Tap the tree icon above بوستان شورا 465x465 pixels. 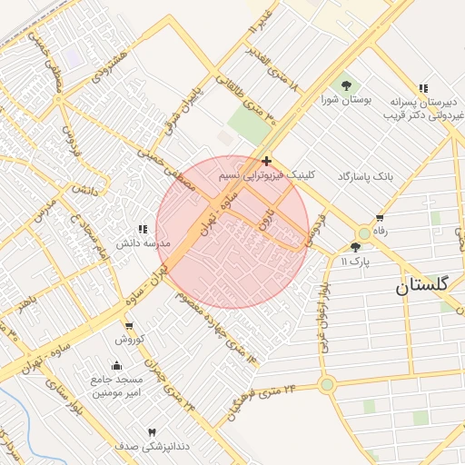coord(346,85)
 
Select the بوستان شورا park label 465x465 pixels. coord(341,99)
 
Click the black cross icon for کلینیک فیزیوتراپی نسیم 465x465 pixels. coord(265,161)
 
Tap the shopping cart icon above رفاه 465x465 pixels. coord(379,218)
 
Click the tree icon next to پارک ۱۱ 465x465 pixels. coord(355,246)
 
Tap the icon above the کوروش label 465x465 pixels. coord(128,326)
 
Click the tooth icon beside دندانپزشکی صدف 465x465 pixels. coord(152,433)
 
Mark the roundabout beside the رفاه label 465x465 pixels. coord(364,233)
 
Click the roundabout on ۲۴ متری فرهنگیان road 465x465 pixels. coord(327,385)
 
